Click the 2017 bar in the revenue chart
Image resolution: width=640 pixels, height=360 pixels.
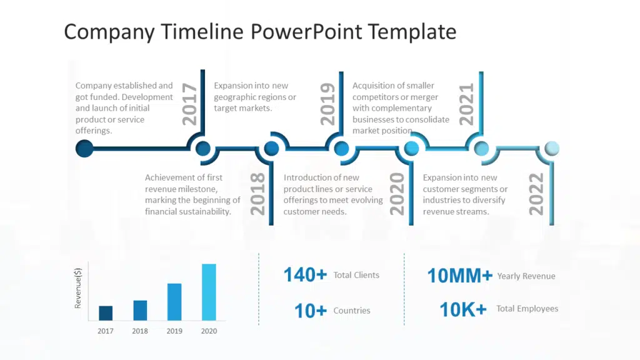click(106, 313)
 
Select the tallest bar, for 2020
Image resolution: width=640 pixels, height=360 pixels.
click(209, 292)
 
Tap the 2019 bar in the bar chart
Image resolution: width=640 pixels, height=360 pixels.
click(174, 302)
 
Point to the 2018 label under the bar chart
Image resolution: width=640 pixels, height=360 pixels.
click(140, 331)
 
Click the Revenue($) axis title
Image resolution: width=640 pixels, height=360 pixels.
click(78, 287)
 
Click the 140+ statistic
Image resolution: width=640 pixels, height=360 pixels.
click(305, 275)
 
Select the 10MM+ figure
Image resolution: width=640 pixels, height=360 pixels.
click(459, 276)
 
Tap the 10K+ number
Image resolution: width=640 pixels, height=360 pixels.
click(462, 309)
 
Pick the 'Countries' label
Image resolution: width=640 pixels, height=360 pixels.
click(352, 311)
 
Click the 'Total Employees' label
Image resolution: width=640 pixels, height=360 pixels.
click(527, 309)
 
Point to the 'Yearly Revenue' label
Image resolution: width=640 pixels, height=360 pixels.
click(526, 276)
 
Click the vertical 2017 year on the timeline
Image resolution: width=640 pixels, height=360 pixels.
click(190, 104)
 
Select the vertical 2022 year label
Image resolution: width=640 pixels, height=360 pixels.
click(536, 194)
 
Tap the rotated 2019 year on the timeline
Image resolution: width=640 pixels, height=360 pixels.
click(328, 104)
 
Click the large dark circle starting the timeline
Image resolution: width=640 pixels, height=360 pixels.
click(84, 149)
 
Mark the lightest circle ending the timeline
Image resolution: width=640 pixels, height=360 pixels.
click(552, 149)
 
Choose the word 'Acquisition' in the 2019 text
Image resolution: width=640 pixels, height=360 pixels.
click(375, 86)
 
